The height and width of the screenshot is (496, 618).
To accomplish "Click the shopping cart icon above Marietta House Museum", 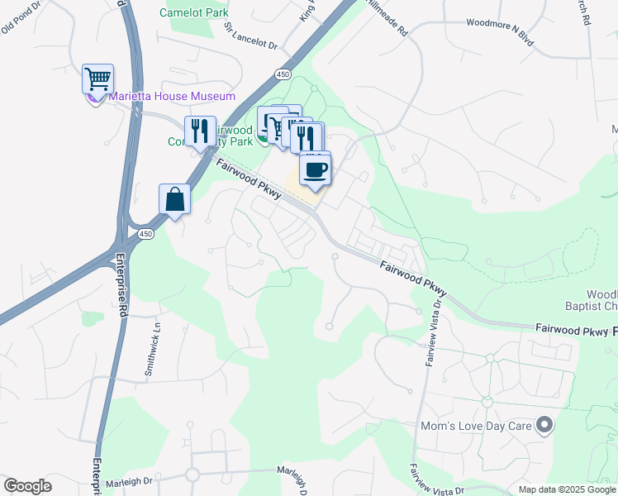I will pos(97,79).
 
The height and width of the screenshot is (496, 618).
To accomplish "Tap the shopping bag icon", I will pos(174,198).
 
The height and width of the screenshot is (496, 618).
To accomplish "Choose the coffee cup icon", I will pos(316,169).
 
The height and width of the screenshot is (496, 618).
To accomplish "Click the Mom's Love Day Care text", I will pos(473,426).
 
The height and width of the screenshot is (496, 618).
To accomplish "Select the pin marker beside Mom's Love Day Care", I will pos(544,426).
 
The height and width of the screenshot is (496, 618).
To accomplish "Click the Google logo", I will pos(27,486).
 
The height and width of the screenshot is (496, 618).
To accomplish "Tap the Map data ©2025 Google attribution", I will pos(566,489).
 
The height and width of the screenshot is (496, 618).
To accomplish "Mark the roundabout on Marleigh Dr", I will pos(193,475).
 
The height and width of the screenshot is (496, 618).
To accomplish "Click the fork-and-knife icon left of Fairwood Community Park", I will pos(200,131).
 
